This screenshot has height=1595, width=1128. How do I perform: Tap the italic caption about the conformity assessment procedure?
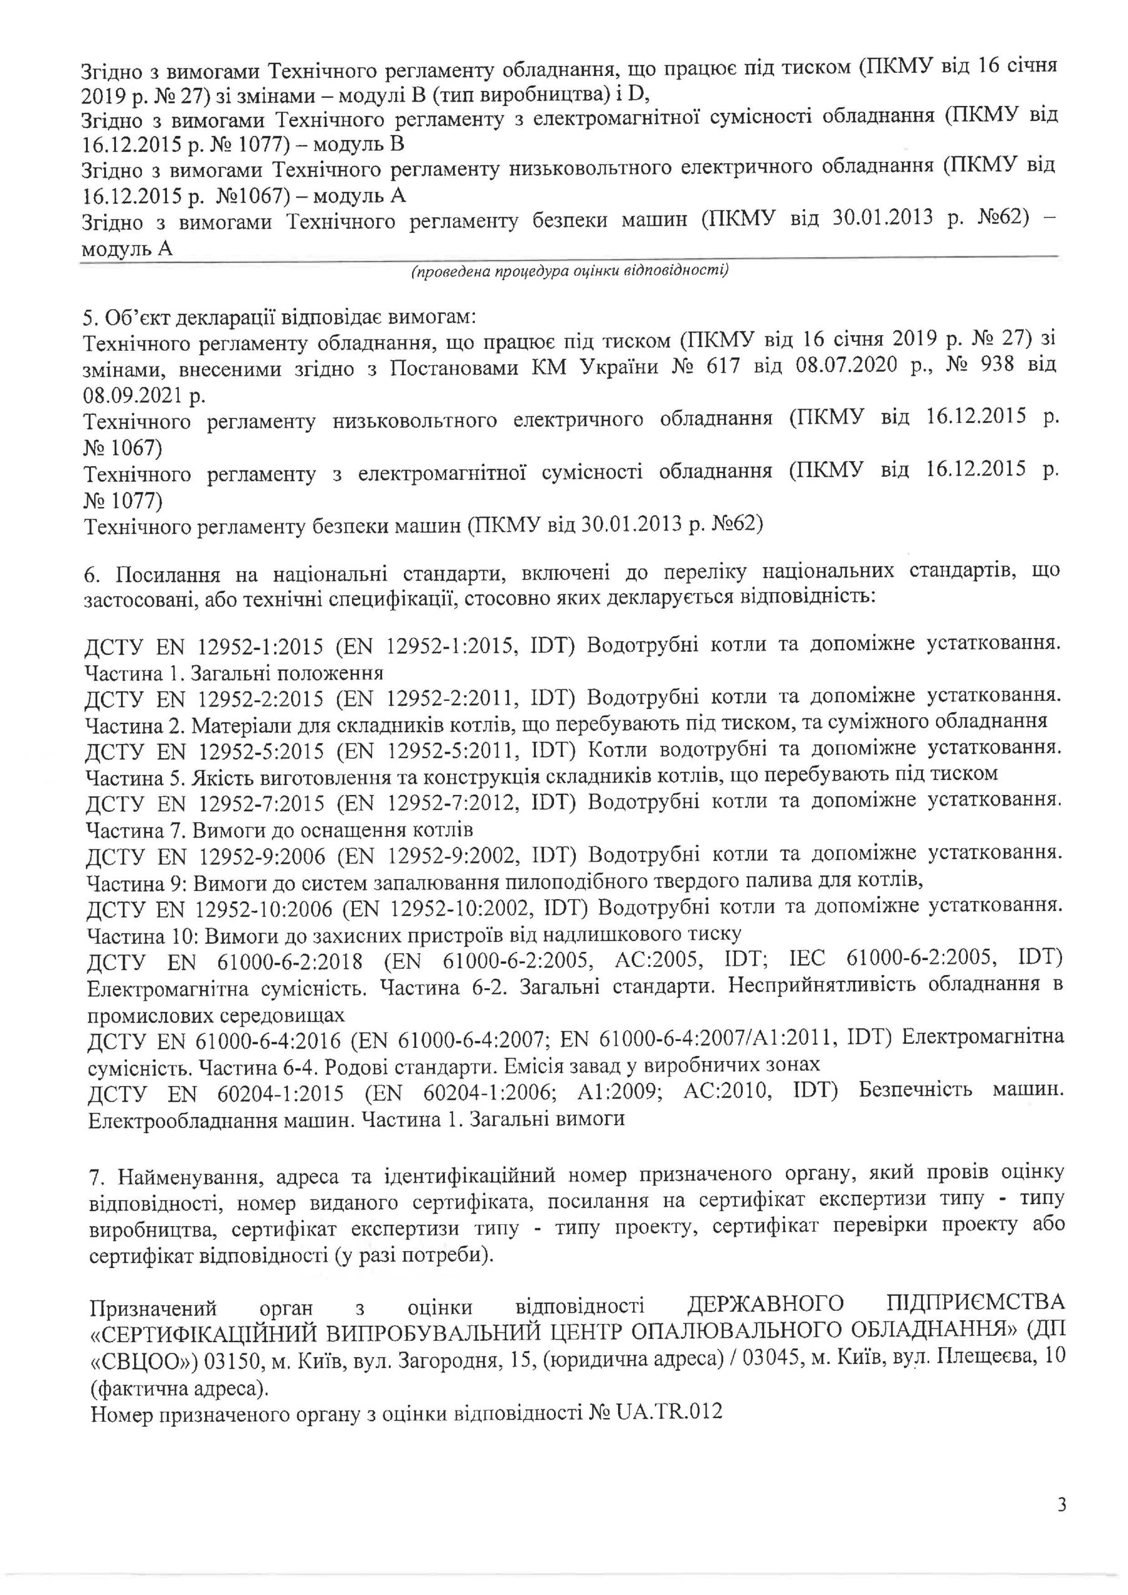(570, 271)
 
